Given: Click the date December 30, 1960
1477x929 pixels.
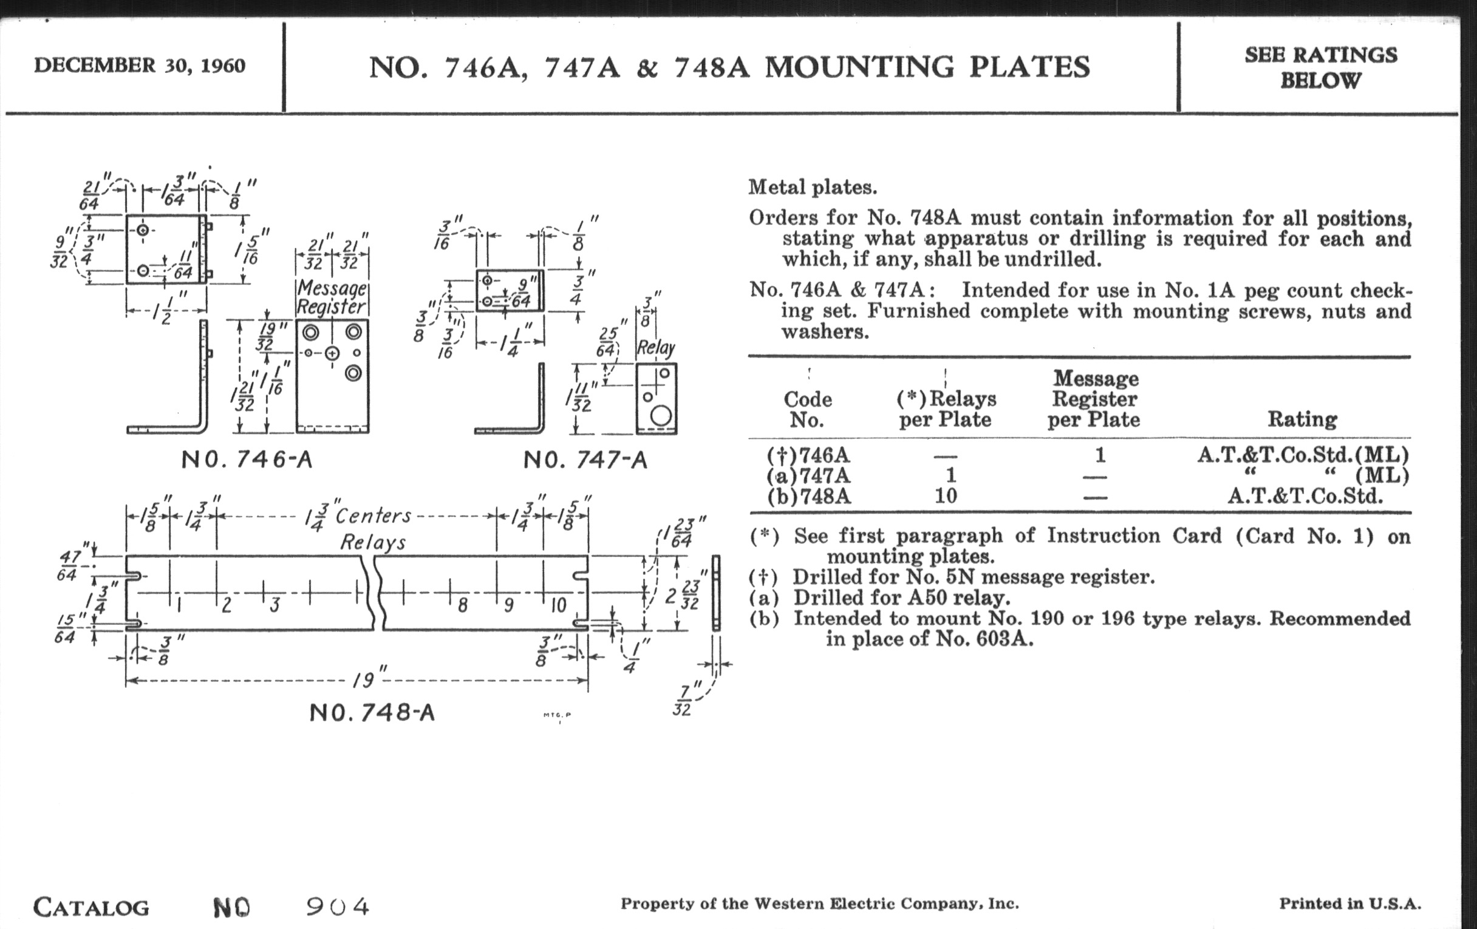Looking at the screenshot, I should tap(139, 66).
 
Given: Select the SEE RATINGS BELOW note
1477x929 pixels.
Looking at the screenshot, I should tap(1320, 67).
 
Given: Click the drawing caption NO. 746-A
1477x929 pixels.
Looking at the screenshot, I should tap(247, 460).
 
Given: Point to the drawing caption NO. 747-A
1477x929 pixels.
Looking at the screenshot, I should tap(585, 460).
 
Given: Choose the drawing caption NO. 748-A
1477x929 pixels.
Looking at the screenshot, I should tap(372, 713).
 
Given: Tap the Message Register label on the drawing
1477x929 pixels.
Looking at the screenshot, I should tap(331, 298).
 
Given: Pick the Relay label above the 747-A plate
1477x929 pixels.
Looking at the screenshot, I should tap(656, 349).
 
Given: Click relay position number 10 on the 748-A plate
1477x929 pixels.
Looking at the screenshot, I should tap(558, 606).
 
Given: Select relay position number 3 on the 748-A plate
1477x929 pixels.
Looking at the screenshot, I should tap(275, 606).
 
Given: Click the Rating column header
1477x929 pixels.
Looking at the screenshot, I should tap(1302, 420).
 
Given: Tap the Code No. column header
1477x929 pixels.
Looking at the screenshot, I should tap(807, 410).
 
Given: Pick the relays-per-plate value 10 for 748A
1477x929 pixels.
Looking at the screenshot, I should tap(945, 495).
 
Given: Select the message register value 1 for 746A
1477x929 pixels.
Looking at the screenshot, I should tap(1100, 455).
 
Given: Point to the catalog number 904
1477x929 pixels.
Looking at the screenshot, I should tap(337, 907).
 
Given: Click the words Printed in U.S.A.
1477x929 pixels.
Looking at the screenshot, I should tap(1349, 903).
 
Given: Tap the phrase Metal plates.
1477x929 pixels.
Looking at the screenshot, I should tap(813, 188).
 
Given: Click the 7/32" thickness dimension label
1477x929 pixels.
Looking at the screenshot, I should tap(681, 701).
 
